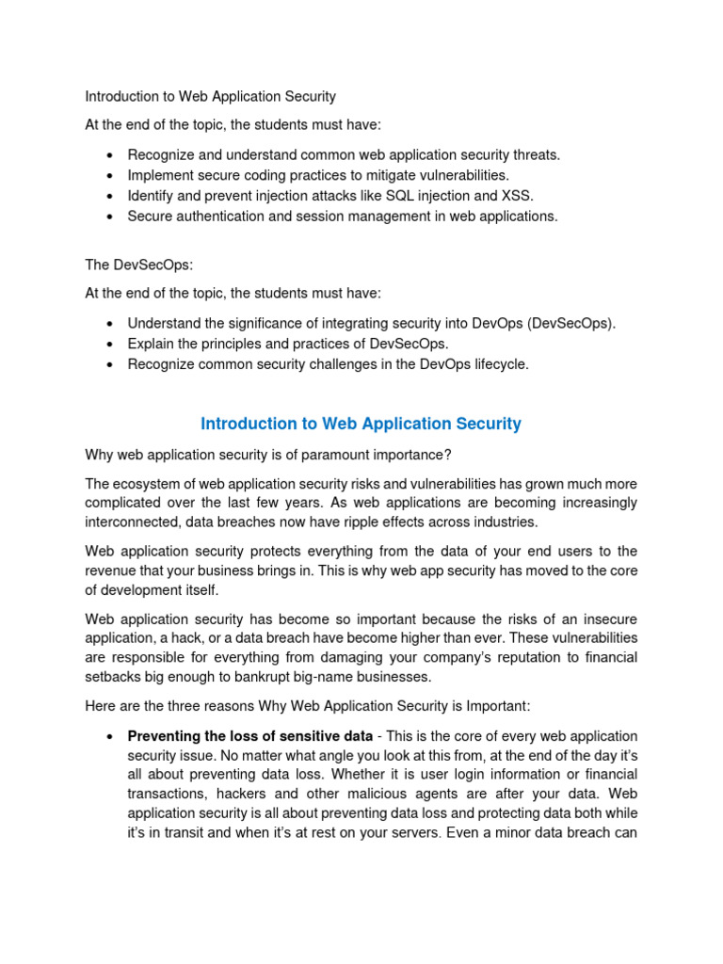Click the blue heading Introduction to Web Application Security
(361, 424)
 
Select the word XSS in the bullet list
(518, 196)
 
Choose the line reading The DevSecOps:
(138, 265)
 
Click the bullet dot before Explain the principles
(110, 345)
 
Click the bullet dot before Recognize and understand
(110, 154)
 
